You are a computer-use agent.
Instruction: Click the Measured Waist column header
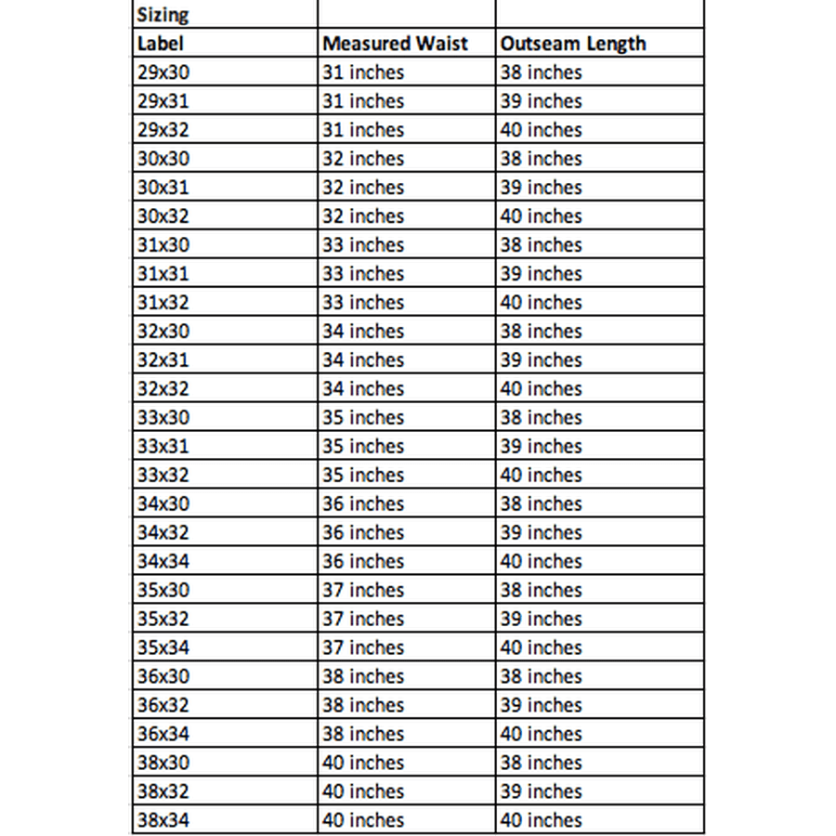pyautogui.click(x=395, y=44)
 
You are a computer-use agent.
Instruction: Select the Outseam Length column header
pyautogui.click(x=572, y=44)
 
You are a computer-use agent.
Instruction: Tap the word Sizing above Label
pyautogui.click(x=163, y=15)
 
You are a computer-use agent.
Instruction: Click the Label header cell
pyautogui.click(x=160, y=44)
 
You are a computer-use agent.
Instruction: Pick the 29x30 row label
pyautogui.click(x=163, y=72)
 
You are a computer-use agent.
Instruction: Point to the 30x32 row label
pyautogui.click(x=163, y=216)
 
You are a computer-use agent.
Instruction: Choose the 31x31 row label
pyautogui.click(x=163, y=274)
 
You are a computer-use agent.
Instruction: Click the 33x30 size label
pyautogui.click(x=163, y=418)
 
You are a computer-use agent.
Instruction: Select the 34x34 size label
pyautogui.click(x=163, y=562)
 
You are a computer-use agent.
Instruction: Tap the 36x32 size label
pyautogui.click(x=163, y=705)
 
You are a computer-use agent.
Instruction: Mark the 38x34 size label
pyautogui.click(x=163, y=820)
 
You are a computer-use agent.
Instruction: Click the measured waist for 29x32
pyautogui.click(x=363, y=130)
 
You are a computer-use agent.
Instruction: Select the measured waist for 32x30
pyautogui.click(x=363, y=332)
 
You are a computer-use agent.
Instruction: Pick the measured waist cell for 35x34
pyautogui.click(x=363, y=647)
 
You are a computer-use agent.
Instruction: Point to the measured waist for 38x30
pyautogui.click(x=363, y=763)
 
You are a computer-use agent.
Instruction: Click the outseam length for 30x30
pyautogui.click(x=541, y=159)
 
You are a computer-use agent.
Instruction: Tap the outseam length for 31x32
pyautogui.click(x=541, y=303)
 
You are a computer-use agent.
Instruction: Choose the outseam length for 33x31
pyautogui.click(x=541, y=447)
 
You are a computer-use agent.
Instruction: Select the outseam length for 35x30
pyautogui.click(x=541, y=590)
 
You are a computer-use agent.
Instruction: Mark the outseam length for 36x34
pyautogui.click(x=541, y=734)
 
